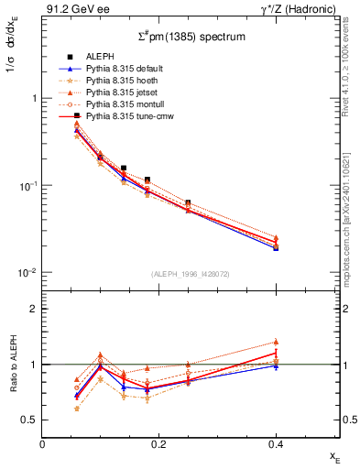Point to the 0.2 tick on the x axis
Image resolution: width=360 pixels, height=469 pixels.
tap(158, 444)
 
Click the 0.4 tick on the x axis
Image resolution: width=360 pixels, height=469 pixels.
tap(275, 444)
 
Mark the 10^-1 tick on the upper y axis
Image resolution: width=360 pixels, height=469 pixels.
tap(27, 186)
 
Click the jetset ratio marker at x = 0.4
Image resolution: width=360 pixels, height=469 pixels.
tap(276, 342)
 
